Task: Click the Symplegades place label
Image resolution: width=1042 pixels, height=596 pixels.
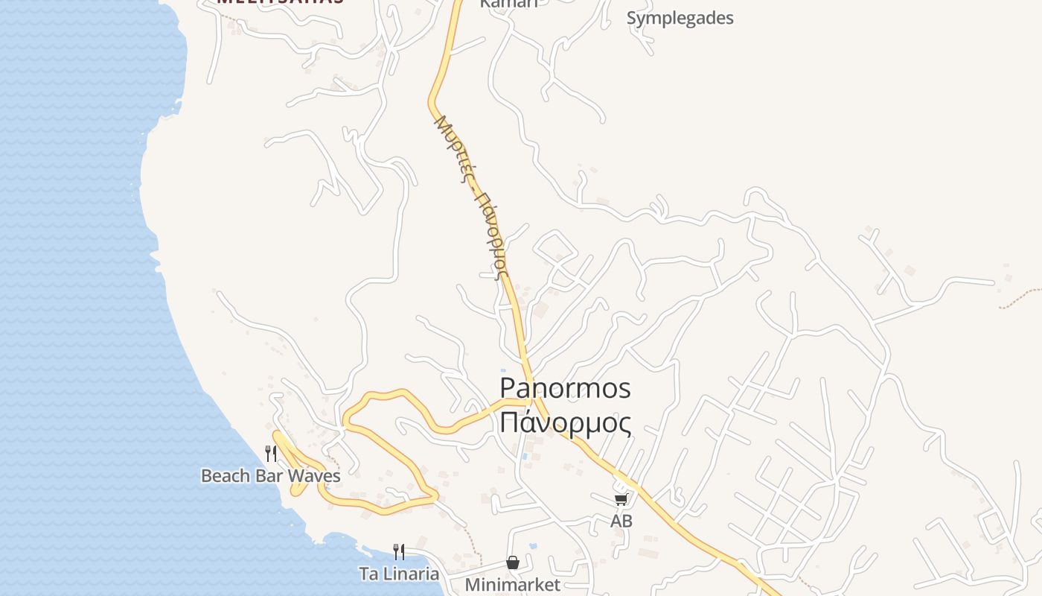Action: pyautogui.click(x=680, y=18)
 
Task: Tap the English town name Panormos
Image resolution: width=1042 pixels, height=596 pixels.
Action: pyautogui.click(x=565, y=388)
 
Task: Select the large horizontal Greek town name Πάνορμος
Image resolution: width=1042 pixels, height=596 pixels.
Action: pyautogui.click(x=565, y=422)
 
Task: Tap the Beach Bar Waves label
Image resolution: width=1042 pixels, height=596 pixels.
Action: pyautogui.click(x=270, y=475)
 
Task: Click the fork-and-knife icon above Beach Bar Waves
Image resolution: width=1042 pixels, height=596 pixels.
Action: pyautogui.click(x=271, y=453)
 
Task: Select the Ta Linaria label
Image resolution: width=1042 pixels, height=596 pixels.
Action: pyautogui.click(x=399, y=574)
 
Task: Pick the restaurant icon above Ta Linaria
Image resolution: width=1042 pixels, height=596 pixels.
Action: pyautogui.click(x=399, y=552)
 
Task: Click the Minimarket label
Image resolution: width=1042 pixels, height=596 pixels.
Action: pyautogui.click(x=512, y=585)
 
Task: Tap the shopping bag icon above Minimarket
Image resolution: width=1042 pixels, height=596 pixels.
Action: pyautogui.click(x=512, y=562)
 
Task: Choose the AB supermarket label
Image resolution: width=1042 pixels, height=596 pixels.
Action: pyautogui.click(x=621, y=521)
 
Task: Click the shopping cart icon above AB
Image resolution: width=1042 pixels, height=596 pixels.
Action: pyautogui.click(x=621, y=500)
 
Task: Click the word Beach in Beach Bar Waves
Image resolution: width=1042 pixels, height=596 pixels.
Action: pyautogui.click(x=226, y=475)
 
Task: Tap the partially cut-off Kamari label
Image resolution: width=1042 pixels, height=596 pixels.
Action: pyautogui.click(x=508, y=3)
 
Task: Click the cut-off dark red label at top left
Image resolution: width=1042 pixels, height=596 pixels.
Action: pyautogui.click(x=280, y=2)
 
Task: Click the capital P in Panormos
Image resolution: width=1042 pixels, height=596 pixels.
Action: pyautogui.click(x=508, y=388)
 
